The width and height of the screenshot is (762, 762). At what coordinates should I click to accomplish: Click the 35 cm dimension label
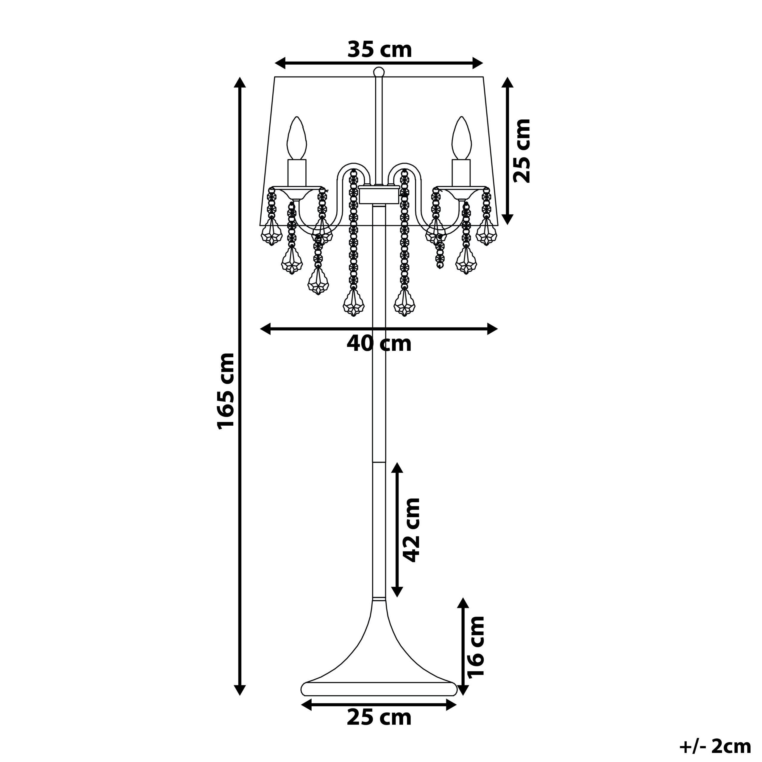tap(380, 50)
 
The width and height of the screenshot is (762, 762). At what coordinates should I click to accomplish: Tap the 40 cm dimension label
tap(379, 343)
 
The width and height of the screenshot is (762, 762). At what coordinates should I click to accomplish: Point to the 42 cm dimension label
tap(411, 530)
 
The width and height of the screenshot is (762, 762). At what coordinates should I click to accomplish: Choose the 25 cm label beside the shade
tap(522, 150)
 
